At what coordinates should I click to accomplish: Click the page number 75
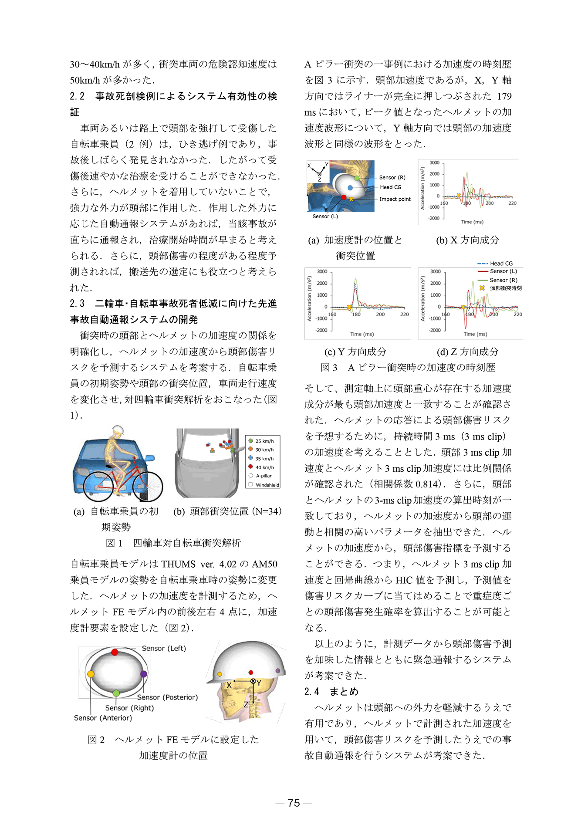294,802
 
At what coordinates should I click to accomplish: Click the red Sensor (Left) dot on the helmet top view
115,652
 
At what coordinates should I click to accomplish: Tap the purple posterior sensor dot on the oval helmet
144,674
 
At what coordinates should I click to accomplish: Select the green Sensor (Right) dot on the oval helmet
116,693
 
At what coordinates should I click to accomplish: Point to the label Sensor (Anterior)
103,718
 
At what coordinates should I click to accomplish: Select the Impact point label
395,199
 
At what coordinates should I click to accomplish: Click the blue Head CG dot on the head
350,188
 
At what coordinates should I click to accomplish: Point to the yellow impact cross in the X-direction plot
459,196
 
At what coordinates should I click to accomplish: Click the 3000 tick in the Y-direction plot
322,271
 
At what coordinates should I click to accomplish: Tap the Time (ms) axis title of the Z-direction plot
475,334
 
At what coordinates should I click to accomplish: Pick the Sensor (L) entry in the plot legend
503,271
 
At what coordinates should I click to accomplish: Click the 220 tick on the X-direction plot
513,203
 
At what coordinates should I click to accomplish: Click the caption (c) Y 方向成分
355,352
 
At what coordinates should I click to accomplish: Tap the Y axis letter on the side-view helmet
259,683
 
